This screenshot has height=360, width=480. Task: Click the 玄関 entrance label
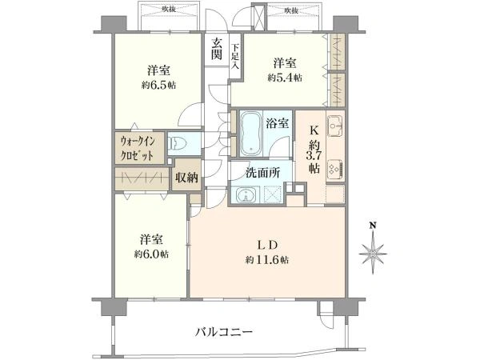click(x=216, y=49)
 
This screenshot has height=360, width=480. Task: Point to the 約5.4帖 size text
click(x=286, y=78)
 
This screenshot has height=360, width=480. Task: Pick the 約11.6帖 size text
click(x=267, y=260)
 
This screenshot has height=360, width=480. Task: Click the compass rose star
click(x=374, y=252)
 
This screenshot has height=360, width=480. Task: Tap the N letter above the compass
click(x=374, y=226)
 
